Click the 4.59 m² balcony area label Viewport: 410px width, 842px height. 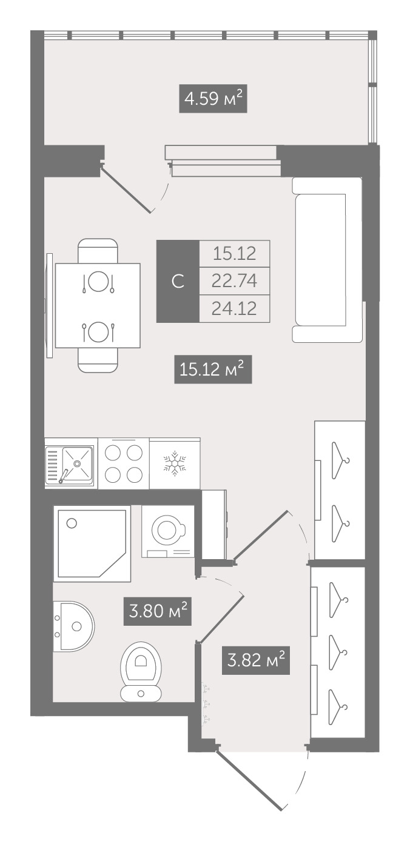click(x=213, y=99)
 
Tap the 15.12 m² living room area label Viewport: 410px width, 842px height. click(x=213, y=370)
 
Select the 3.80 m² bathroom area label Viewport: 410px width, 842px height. click(x=157, y=612)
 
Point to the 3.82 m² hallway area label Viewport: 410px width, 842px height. click(x=255, y=660)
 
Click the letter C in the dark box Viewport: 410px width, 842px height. click(x=178, y=281)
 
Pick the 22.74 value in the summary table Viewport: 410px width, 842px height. click(x=234, y=281)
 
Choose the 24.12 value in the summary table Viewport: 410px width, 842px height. click(x=234, y=308)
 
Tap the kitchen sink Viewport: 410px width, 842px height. click(x=69, y=464)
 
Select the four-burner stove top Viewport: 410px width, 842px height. click(x=124, y=463)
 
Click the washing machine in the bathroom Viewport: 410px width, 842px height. click(x=168, y=531)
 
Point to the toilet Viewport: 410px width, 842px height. click(x=141, y=672)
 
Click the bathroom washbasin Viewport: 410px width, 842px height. click(x=73, y=626)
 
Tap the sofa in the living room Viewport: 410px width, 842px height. click(x=327, y=260)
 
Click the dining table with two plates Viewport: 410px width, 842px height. click(x=98, y=305)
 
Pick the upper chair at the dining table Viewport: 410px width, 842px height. click(x=98, y=251)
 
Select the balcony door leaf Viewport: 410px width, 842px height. click(x=127, y=190)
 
